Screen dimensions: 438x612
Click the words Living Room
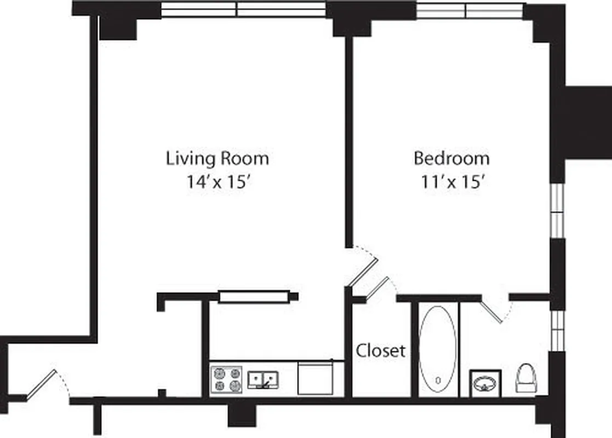tap(218, 159)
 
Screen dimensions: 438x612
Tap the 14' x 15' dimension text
tap(218, 182)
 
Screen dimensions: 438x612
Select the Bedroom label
tap(451, 159)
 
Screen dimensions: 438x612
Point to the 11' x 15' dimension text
tap(451, 182)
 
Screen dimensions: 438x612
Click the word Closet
tap(381, 350)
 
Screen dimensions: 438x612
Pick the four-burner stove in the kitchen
tap(227, 379)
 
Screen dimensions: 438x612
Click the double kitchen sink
tap(264, 379)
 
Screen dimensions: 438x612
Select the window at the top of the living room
tap(243, 9)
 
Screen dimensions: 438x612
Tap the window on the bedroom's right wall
tap(557, 210)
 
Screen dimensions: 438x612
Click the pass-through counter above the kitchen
tap(254, 297)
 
